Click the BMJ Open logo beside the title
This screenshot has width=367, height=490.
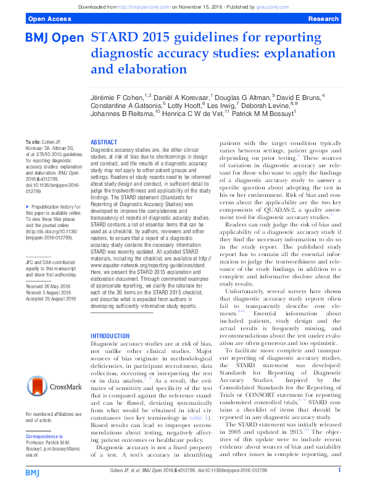tap(54, 38)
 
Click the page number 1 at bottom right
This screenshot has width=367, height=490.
tap(340, 471)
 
